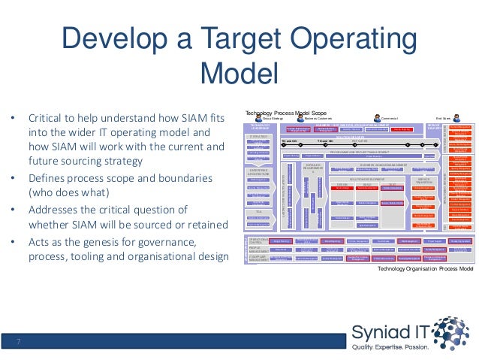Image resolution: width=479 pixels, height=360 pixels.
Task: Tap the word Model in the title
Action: click(x=239, y=74)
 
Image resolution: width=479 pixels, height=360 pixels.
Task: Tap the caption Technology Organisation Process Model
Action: click(x=424, y=268)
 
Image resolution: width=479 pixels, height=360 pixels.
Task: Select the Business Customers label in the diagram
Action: click(x=318, y=118)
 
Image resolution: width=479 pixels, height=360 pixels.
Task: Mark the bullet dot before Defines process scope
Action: click(x=11, y=177)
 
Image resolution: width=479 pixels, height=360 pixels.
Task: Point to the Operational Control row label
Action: click(x=258, y=238)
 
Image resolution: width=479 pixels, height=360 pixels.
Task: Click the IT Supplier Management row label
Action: click(x=258, y=258)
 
